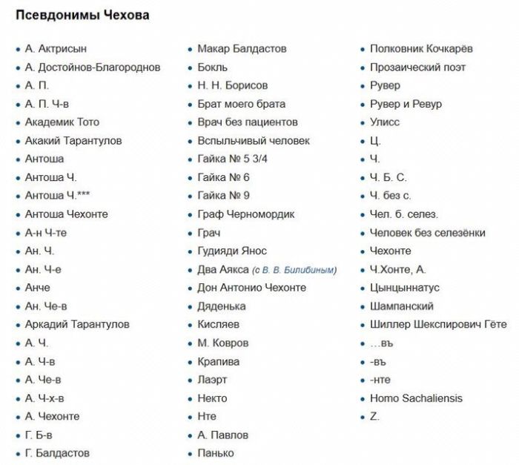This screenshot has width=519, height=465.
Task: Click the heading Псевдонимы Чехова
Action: tap(82, 16)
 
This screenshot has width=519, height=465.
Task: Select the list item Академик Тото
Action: tap(62, 122)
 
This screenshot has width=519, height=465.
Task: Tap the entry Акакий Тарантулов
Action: tap(73, 141)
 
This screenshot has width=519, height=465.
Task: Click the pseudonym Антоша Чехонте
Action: tap(66, 214)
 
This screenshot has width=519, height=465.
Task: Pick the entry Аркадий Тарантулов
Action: tap(77, 325)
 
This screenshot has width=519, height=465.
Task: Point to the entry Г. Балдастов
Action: tap(57, 453)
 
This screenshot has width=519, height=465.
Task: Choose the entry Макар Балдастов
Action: tap(242, 49)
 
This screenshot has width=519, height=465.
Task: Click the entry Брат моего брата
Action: tap(241, 104)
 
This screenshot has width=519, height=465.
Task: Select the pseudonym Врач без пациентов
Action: tap(248, 122)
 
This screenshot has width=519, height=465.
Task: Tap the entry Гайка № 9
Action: tap(223, 196)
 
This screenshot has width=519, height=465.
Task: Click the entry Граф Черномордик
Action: tap(246, 214)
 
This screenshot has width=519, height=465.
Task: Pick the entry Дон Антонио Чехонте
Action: tap(251, 288)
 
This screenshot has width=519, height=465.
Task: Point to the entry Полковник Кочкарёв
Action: tap(421, 49)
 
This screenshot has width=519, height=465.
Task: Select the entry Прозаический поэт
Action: tap(418, 67)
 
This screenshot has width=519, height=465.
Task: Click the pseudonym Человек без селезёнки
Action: tap(428, 233)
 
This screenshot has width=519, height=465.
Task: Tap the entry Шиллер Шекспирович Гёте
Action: tap(438, 325)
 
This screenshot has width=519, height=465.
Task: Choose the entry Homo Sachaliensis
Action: tap(416, 398)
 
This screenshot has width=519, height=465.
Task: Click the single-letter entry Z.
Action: tap(374, 417)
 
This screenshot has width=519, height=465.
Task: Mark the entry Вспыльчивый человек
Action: tap(254, 141)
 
